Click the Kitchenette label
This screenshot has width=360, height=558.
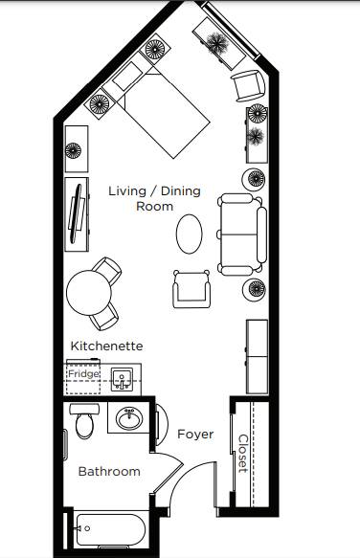coord(106,346)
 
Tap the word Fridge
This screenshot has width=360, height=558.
coord(83,373)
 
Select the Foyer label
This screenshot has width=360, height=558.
coord(195,435)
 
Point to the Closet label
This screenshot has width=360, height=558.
coord(243,454)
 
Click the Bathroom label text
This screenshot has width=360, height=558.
coord(109,472)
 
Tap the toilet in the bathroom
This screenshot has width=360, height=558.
coord(84,421)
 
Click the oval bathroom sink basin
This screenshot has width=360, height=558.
coord(129,418)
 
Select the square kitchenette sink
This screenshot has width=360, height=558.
coord(123,380)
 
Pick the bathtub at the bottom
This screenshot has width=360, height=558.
coord(111,530)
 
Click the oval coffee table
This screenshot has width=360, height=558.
coord(189,234)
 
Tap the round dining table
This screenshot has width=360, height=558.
coord(89,293)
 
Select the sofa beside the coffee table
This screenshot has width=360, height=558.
coord(242,234)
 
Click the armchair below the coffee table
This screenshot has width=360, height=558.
coord(191,289)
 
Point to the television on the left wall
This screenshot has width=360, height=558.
coord(77,213)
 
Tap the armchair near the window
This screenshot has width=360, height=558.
coord(249,86)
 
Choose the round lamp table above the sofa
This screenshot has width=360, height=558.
coord(255,179)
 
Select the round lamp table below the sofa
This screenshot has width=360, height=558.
coord(255,289)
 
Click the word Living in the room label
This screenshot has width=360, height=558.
coord(127,191)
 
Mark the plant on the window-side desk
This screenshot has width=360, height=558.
coord(217,44)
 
